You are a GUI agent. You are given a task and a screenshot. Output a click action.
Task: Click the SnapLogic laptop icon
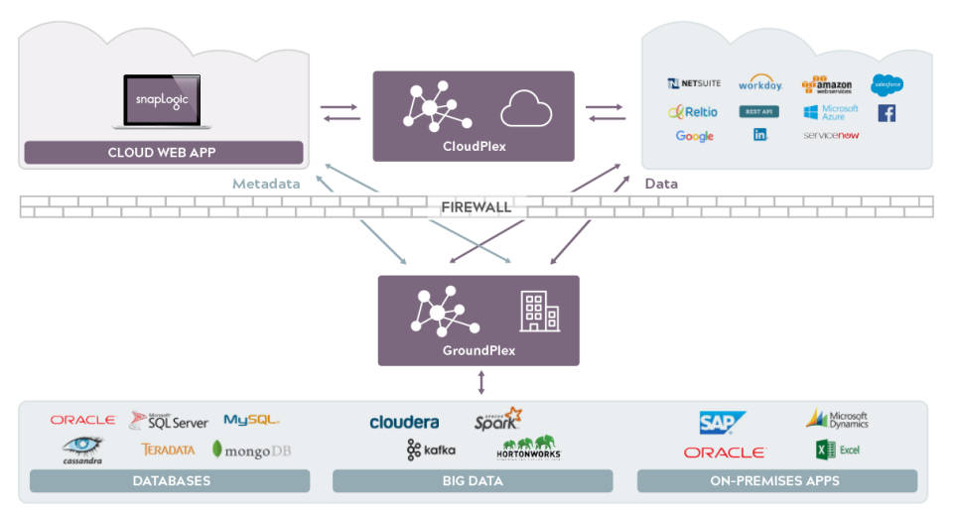[163, 101]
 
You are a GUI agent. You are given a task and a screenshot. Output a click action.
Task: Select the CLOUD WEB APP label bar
[163, 153]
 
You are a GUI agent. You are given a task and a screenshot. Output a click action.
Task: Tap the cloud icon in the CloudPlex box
[525, 109]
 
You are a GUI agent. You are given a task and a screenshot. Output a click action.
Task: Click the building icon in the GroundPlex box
[539, 312]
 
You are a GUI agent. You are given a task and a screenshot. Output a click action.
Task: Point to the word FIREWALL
[476, 207]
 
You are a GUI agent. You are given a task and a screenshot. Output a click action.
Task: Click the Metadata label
[265, 184]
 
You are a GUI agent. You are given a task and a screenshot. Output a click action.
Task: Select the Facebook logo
[886, 113]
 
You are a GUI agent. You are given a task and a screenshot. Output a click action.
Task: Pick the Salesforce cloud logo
[886, 84]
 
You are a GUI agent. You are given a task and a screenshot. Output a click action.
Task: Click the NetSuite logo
[694, 84]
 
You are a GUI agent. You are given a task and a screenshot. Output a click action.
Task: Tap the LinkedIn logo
[760, 135]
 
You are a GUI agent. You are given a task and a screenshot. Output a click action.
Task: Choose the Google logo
[694, 136]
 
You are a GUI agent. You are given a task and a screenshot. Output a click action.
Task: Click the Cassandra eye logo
[82, 448]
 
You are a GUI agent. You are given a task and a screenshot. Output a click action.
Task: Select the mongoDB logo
[252, 450]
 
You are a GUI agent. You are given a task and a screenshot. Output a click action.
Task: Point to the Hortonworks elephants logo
[528, 448]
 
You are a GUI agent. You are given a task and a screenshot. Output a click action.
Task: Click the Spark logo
[497, 419]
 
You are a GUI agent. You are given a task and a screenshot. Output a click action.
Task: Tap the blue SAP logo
[722, 423]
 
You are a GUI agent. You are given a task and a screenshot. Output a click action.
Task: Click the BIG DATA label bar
[473, 481]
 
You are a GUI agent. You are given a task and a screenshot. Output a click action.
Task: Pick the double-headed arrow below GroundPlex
[481, 382]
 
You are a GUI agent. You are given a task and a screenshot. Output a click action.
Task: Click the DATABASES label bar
[170, 481]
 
